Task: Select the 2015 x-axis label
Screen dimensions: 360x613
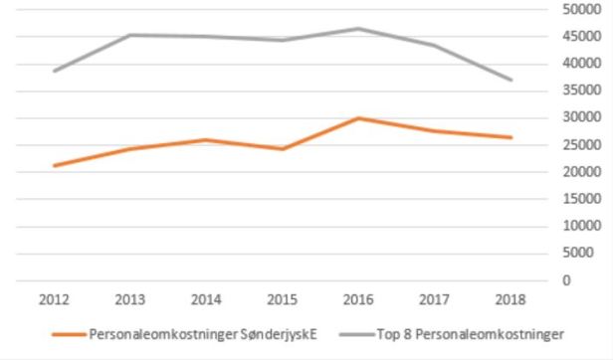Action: pyautogui.click(x=282, y=298)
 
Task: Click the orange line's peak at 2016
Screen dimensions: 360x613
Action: pyautogui.click(x=358, y=118)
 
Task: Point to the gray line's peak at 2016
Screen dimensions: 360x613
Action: pyautogui.click(x=358, y=29)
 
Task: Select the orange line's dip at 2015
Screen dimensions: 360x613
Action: pyautogui.click(x=282, y=149)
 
